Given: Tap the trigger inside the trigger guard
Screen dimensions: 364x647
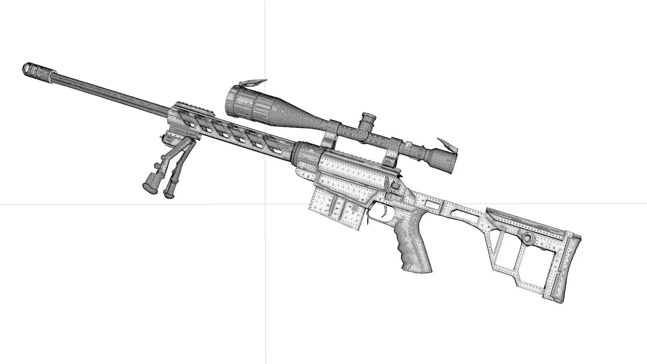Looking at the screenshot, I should [x=384, y=212].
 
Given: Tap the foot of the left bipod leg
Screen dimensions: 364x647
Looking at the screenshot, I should [x=149, y=188].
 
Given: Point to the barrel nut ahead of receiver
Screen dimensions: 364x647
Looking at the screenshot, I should [x=305, y=153].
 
